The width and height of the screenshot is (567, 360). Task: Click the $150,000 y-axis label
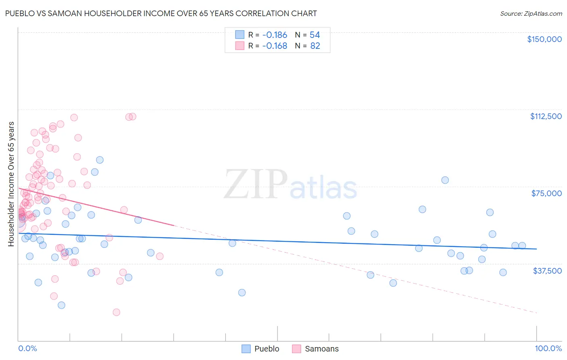point(544,39)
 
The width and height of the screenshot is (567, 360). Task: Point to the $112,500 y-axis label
point(546,116)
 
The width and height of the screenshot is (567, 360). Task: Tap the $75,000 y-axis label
point(546,193)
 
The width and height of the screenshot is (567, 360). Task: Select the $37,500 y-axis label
point(547,271)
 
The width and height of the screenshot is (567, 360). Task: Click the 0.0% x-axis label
point(27,349)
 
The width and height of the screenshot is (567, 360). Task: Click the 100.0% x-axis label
point(548,349)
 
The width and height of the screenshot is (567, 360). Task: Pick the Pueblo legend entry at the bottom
point(267,349)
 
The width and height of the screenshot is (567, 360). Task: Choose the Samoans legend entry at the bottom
point(321,349)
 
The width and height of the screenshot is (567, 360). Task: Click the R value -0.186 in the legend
point(275,35)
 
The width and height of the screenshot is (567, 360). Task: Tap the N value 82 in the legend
point(315,46)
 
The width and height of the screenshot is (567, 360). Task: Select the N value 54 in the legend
point(315,35)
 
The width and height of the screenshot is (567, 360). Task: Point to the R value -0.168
point(275,46)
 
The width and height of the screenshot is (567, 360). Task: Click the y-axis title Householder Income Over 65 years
point(11,184)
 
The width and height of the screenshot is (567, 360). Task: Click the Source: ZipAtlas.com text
point(531,14)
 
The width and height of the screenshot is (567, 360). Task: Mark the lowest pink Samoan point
point(116,312)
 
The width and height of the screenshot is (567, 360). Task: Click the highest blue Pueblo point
point(100,160)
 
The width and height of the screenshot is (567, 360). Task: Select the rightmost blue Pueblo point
point(522,245)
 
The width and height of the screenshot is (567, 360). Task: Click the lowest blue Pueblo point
point(61,305)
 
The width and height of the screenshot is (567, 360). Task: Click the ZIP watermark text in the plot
point(255,184)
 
